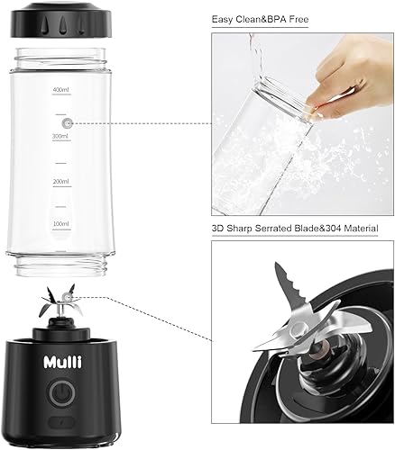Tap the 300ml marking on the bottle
61,136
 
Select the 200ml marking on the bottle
61,181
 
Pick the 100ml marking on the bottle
61,223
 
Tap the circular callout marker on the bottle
68,120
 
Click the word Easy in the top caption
225,19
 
